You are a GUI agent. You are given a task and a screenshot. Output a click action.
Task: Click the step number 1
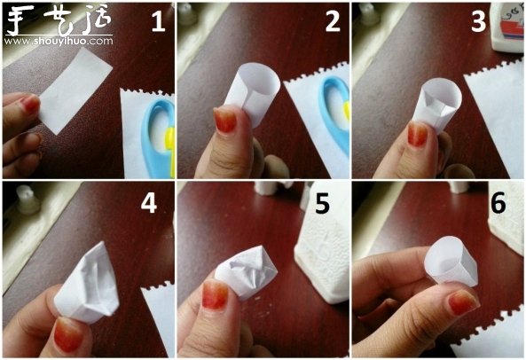[x=158, y=22]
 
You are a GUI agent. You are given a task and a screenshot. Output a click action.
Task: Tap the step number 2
[x=333, y=22]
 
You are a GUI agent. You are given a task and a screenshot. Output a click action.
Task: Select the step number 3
[x=479, y=22]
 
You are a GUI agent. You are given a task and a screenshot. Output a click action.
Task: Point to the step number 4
[x=149, y=203]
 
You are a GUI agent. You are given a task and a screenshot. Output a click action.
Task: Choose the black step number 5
[x=322, y=203]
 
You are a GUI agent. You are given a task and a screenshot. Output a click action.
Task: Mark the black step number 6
[x=499, y=203]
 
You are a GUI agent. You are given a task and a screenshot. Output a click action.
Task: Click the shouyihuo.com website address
[x=59, y=41]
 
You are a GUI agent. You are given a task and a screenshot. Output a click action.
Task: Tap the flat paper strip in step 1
[x=75, y=90]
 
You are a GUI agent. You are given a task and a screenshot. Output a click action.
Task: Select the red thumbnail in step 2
[x=225, y=120]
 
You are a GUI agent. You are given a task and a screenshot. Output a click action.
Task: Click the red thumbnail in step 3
[x=418, y=133]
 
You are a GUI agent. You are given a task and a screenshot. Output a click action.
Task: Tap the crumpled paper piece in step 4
[x=89, y=284]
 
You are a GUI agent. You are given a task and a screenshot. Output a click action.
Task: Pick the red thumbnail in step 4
[x=68, y=334]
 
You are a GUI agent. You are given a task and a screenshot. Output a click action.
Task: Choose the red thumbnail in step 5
[x=216, y=294]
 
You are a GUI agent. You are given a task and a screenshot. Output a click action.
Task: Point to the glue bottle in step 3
[x=506, y=27]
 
